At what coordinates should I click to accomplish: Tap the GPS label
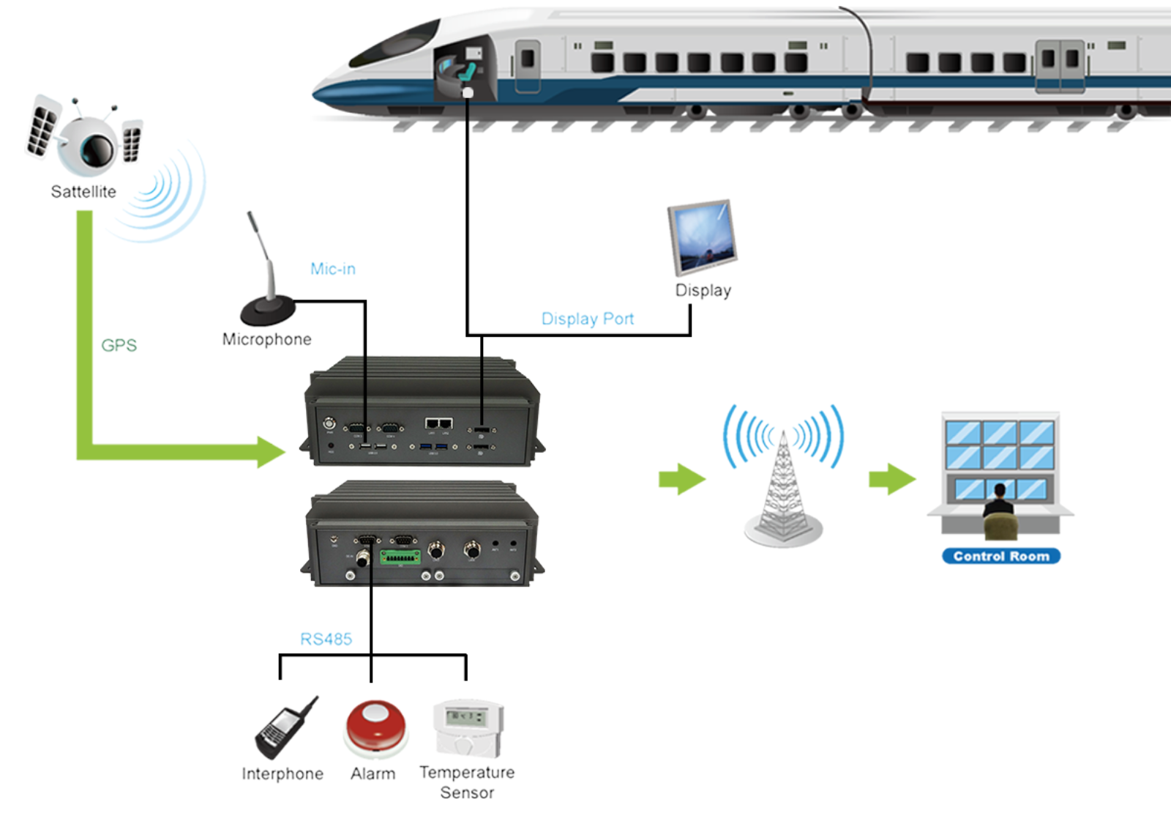point(119,345)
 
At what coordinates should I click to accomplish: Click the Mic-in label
point(333,269)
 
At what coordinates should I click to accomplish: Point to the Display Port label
point(587,319)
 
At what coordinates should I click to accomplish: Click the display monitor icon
point(702,236)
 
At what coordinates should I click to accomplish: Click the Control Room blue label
point(1000,556)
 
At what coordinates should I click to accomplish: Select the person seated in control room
point(999,509)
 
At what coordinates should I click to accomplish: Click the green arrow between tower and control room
point(891,480)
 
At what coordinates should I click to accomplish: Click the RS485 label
point(326,639)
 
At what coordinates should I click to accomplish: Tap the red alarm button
point(375,726)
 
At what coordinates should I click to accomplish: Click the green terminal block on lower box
point(400,557)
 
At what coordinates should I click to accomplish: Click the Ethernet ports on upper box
point(438,423)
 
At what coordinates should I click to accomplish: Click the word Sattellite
point(83,192)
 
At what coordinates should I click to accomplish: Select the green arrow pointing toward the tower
point(681,480)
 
